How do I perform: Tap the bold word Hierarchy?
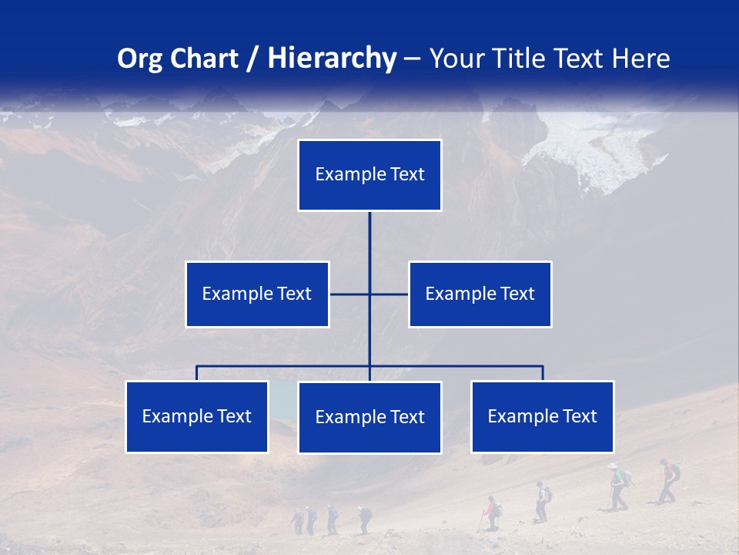pyautogui.click(x=331, y=59)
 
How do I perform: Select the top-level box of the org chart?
pyautogui.click(x=369, y=175)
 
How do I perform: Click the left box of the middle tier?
pyautogui.click(x=257, y=294)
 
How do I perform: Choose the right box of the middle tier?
pyautogui.click(x=480, y=294)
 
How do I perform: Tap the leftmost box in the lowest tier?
pyautogui.click(x=196, y=416)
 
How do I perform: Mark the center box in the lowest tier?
pyautogui.click(x=369, y=417)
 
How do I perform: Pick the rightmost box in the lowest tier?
pyautogui.click(x=542, y=416)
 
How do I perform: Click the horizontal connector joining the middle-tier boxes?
pyautogui.click(x=389, y=294)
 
